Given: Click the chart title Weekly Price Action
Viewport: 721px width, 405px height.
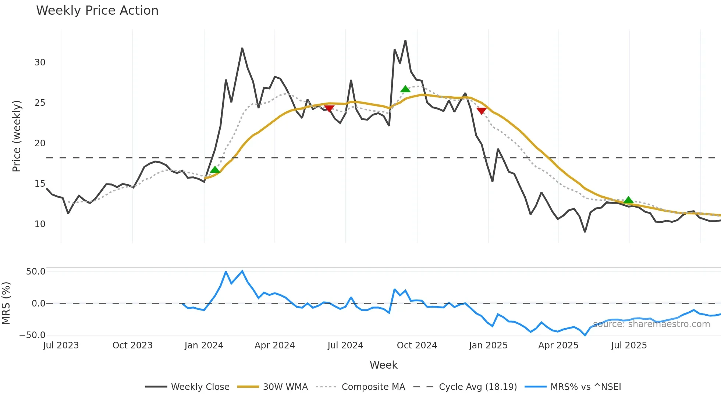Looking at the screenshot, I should (x=97, y=11).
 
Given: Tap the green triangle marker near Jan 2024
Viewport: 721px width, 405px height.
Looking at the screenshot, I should (x=215, y=170).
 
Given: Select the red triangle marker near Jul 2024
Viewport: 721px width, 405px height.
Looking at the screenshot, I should (x=329, y=108).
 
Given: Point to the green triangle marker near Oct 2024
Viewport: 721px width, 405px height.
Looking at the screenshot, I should (x=405, y=89).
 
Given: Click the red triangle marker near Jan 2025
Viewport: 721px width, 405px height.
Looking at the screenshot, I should (x=481, y=111).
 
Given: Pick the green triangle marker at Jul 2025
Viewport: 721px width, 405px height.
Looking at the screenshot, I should (x=628, y=200).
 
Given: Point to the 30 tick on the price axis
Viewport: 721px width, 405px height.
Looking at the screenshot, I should (x=40, y=62).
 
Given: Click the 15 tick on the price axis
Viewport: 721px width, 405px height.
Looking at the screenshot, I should (x=40, y=184).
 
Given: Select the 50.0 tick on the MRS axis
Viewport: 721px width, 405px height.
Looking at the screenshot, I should (x=36, y=272).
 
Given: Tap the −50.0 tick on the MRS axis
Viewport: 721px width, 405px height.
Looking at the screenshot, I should (x=33, y=335).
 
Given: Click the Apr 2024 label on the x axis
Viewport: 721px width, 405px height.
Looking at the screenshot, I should (x=274, y=345).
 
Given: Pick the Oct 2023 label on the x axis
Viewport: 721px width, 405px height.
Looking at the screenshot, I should (x=132, y=345).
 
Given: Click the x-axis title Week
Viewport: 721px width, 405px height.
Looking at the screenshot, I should (x=383, y=365).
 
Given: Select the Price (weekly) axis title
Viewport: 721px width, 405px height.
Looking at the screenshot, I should (x=17, y=136).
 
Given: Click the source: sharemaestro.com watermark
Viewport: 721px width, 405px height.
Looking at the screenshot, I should (x=651, y=324).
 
